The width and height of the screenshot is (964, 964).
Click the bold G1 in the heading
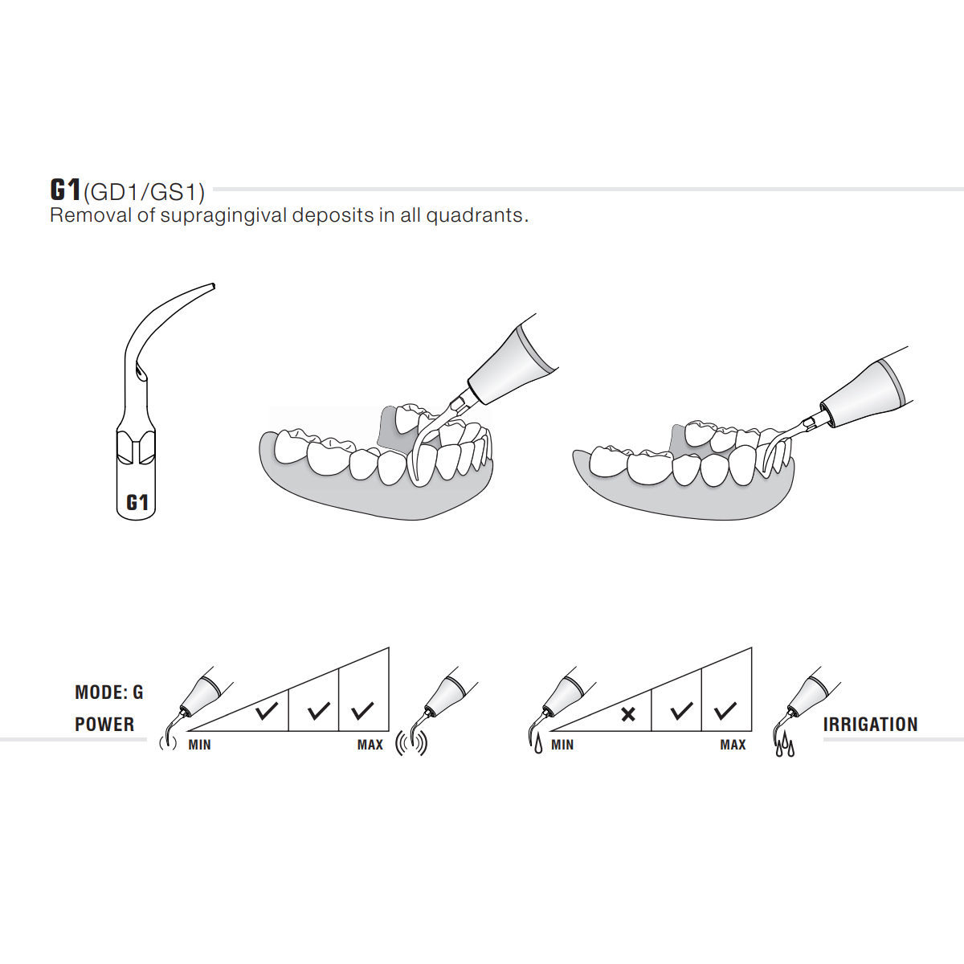(x=65, y=190)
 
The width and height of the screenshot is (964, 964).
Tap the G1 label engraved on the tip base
(x=137, y=503)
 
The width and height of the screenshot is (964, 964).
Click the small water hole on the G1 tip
(x=141, y=375)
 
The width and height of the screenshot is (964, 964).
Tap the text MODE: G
(x=108, y=692)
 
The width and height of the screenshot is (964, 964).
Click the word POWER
(x=104, y=725)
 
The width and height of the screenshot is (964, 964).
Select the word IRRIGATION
(x=870, y=725)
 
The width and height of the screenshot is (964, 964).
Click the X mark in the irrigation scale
(x=628, y=714)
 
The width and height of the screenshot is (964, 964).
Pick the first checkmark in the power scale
(x=266, y=711)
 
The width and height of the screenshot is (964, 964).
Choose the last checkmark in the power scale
(x=363, y=711)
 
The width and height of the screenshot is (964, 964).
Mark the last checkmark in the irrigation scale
(x=725, y=711)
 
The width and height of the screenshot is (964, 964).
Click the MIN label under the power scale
(x=199, y=745)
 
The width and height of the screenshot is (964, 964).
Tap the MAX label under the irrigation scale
(x=733, y=745)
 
